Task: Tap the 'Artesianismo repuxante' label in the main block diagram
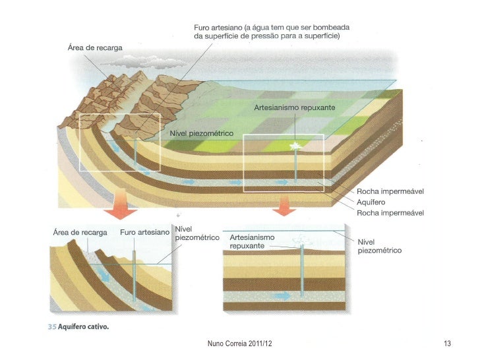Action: click(x=295, y=107)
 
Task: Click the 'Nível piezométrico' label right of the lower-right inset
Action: click(x=379, y=246)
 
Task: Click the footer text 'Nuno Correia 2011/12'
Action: click(x=239, y=343)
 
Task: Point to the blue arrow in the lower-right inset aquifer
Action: click(x=282, y=296)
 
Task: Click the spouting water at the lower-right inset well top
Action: click(x=302, y=241)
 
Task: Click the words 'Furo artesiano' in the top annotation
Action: click(x=217, y=28)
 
